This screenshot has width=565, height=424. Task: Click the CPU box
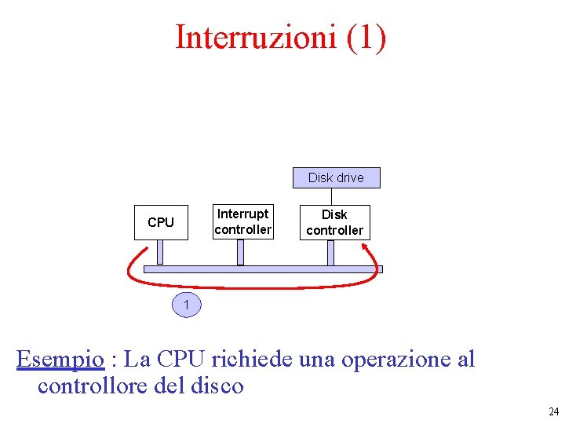click(161, 222)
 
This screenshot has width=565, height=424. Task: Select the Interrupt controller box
click(242, 221)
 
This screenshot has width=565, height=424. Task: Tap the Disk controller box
click(334, 222)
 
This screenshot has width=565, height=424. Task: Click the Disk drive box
click(336, 177)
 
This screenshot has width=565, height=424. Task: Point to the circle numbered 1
click(186, 304)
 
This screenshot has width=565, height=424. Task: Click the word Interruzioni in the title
click(255, 37)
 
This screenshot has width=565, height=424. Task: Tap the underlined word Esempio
click(60, 360)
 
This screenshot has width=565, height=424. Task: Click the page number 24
click(554, 411)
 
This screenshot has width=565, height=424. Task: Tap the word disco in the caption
click(216, 386)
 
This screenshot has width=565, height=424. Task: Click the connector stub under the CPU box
click(160, 252)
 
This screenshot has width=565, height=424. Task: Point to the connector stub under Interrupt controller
click(241, 252)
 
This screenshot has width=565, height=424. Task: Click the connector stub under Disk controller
click(331, 252)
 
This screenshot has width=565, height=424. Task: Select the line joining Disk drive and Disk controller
click(332, 196)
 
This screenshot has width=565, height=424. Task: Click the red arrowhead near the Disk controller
click(367, 247)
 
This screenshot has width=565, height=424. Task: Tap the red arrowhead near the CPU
click(144, 250)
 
